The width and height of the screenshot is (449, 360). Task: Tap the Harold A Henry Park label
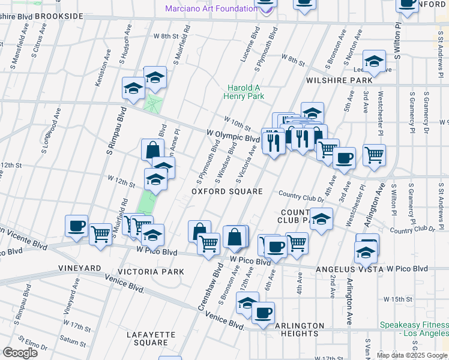(x=244, y=91)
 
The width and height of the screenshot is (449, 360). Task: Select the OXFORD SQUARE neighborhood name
(x=227, y=191)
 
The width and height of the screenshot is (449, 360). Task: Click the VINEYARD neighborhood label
(x=79, y=267)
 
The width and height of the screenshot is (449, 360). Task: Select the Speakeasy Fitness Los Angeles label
(x=414, y=329)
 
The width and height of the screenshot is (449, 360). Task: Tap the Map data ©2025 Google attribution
(x=411, y=355)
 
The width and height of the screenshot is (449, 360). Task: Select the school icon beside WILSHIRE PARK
(x=373, y=61)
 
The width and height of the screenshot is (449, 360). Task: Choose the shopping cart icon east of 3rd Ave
(x=374, y=155)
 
